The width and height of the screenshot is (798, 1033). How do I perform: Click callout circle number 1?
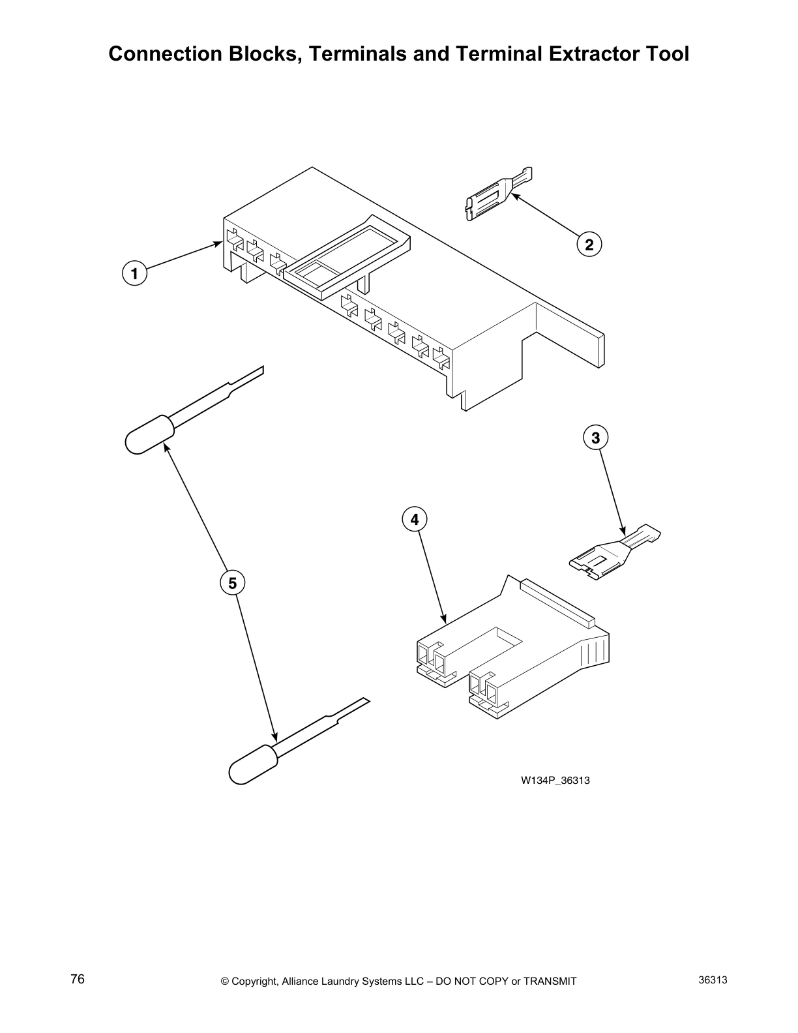click(135, 274)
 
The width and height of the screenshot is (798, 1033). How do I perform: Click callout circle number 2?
click(589, 245)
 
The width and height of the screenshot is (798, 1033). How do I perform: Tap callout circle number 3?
click(595, 438)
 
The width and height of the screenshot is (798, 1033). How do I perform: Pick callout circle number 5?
click(233, 582)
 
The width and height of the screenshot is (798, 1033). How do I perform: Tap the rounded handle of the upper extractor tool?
click(149, 434)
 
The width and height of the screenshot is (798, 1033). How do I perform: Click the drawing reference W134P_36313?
click(555, 780)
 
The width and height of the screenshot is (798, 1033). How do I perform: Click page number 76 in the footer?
click(78, 980)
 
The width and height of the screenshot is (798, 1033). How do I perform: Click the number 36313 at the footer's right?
click(713, 980)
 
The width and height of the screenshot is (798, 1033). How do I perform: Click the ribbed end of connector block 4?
click(597, 652)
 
